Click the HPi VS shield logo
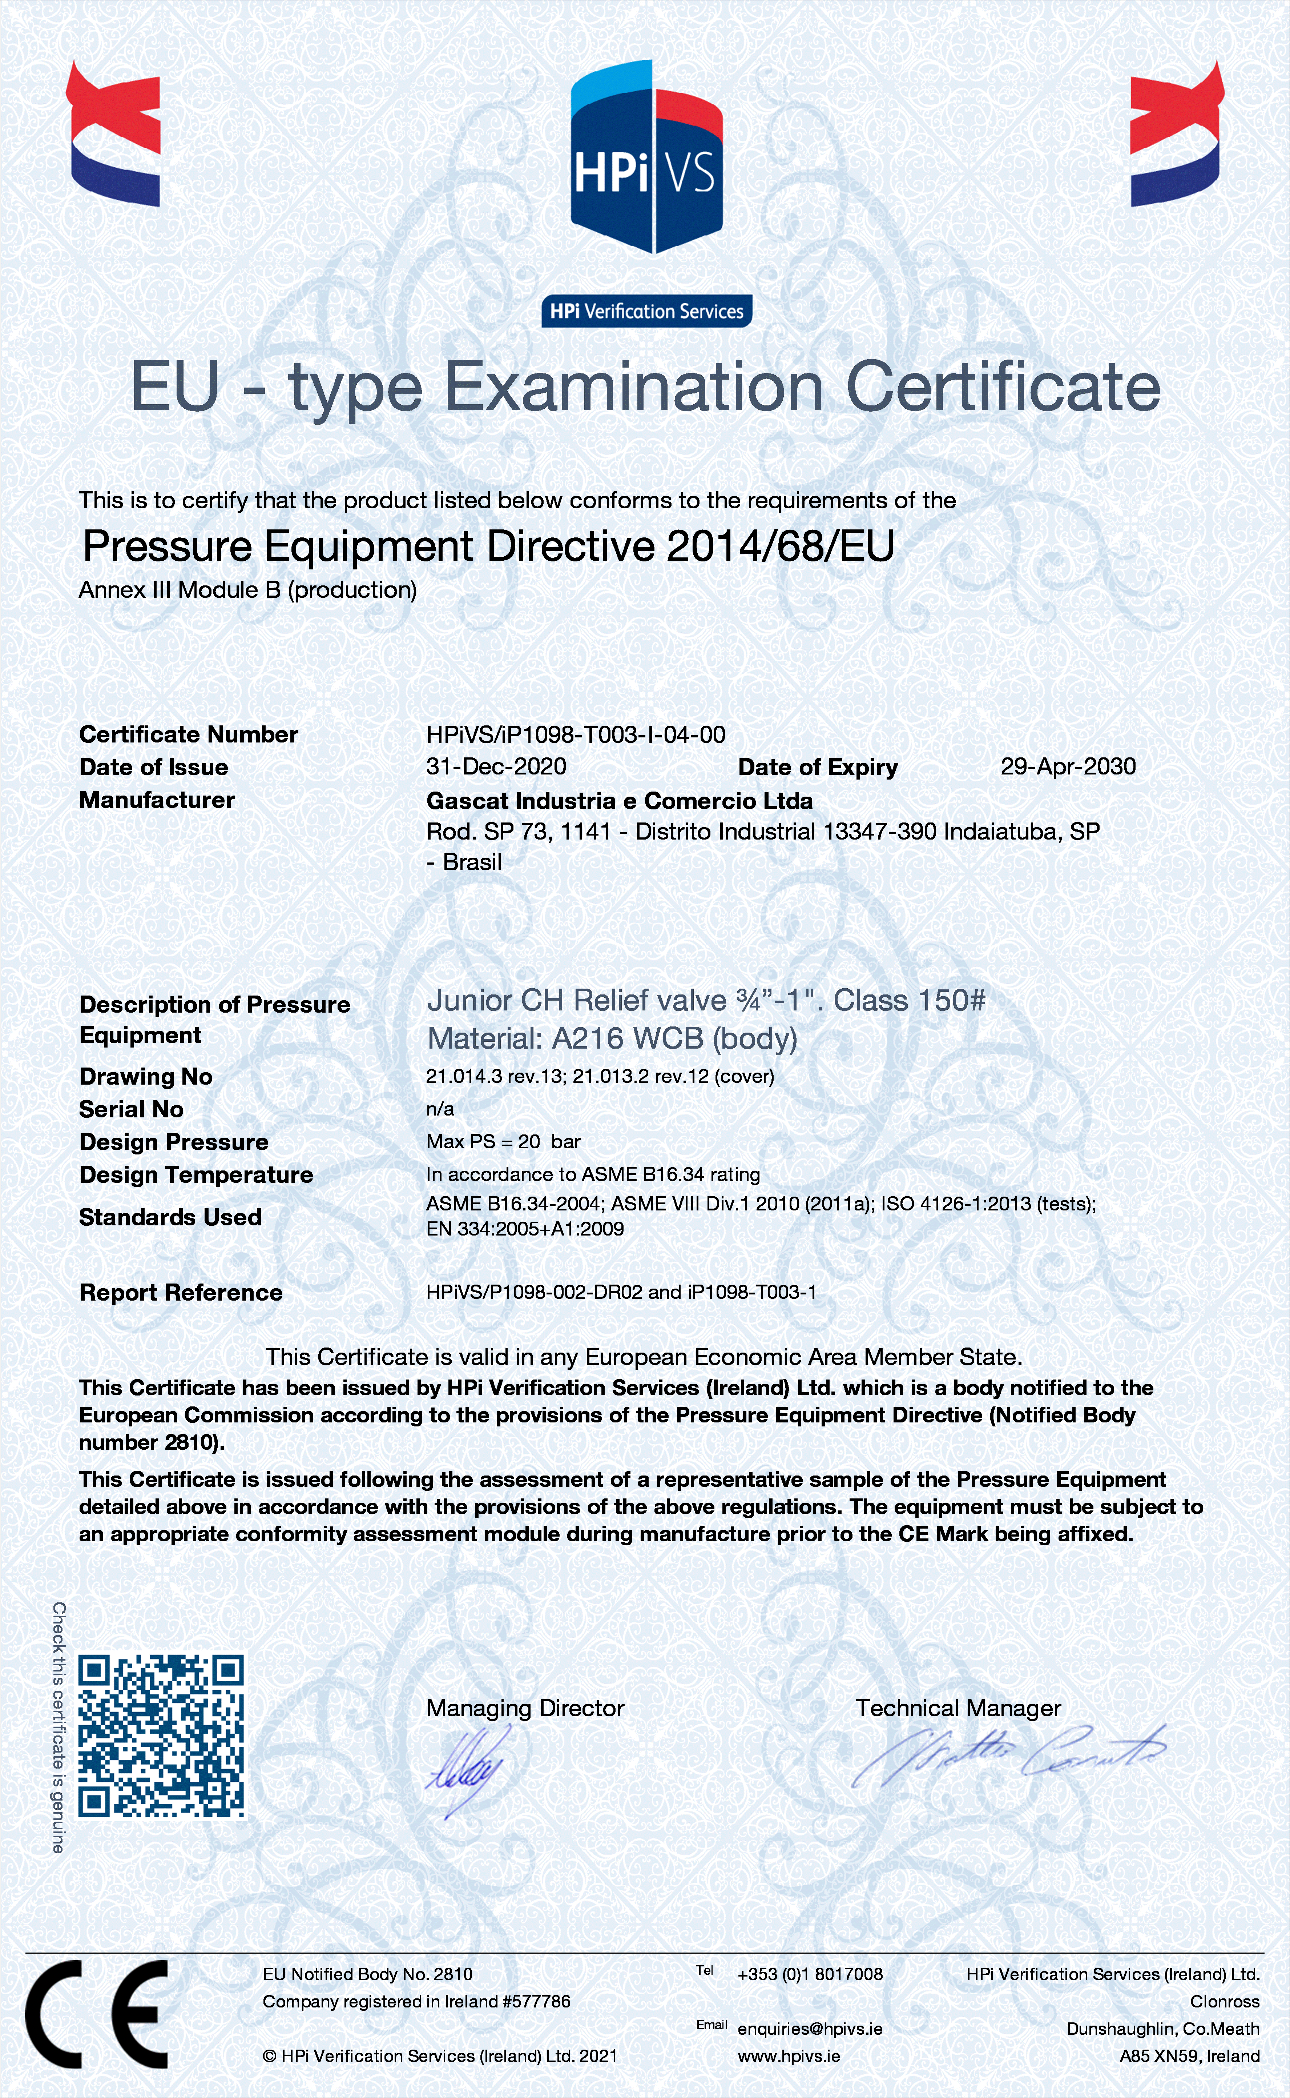(646, 158)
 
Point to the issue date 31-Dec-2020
(496, 766)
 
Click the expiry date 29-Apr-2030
(1068, 766)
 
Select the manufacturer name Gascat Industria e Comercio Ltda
(620, 801)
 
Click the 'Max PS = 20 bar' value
(503, 1142)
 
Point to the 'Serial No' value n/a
(440, 1109)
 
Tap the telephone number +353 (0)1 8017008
(810, 1974)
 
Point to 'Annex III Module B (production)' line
(247, 590)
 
